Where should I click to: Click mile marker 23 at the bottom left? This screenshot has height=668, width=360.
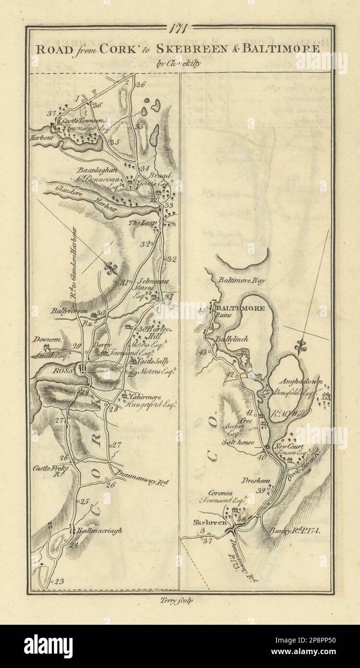(x=59, y=582)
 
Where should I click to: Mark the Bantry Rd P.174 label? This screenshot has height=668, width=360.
(x=291, y=530)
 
